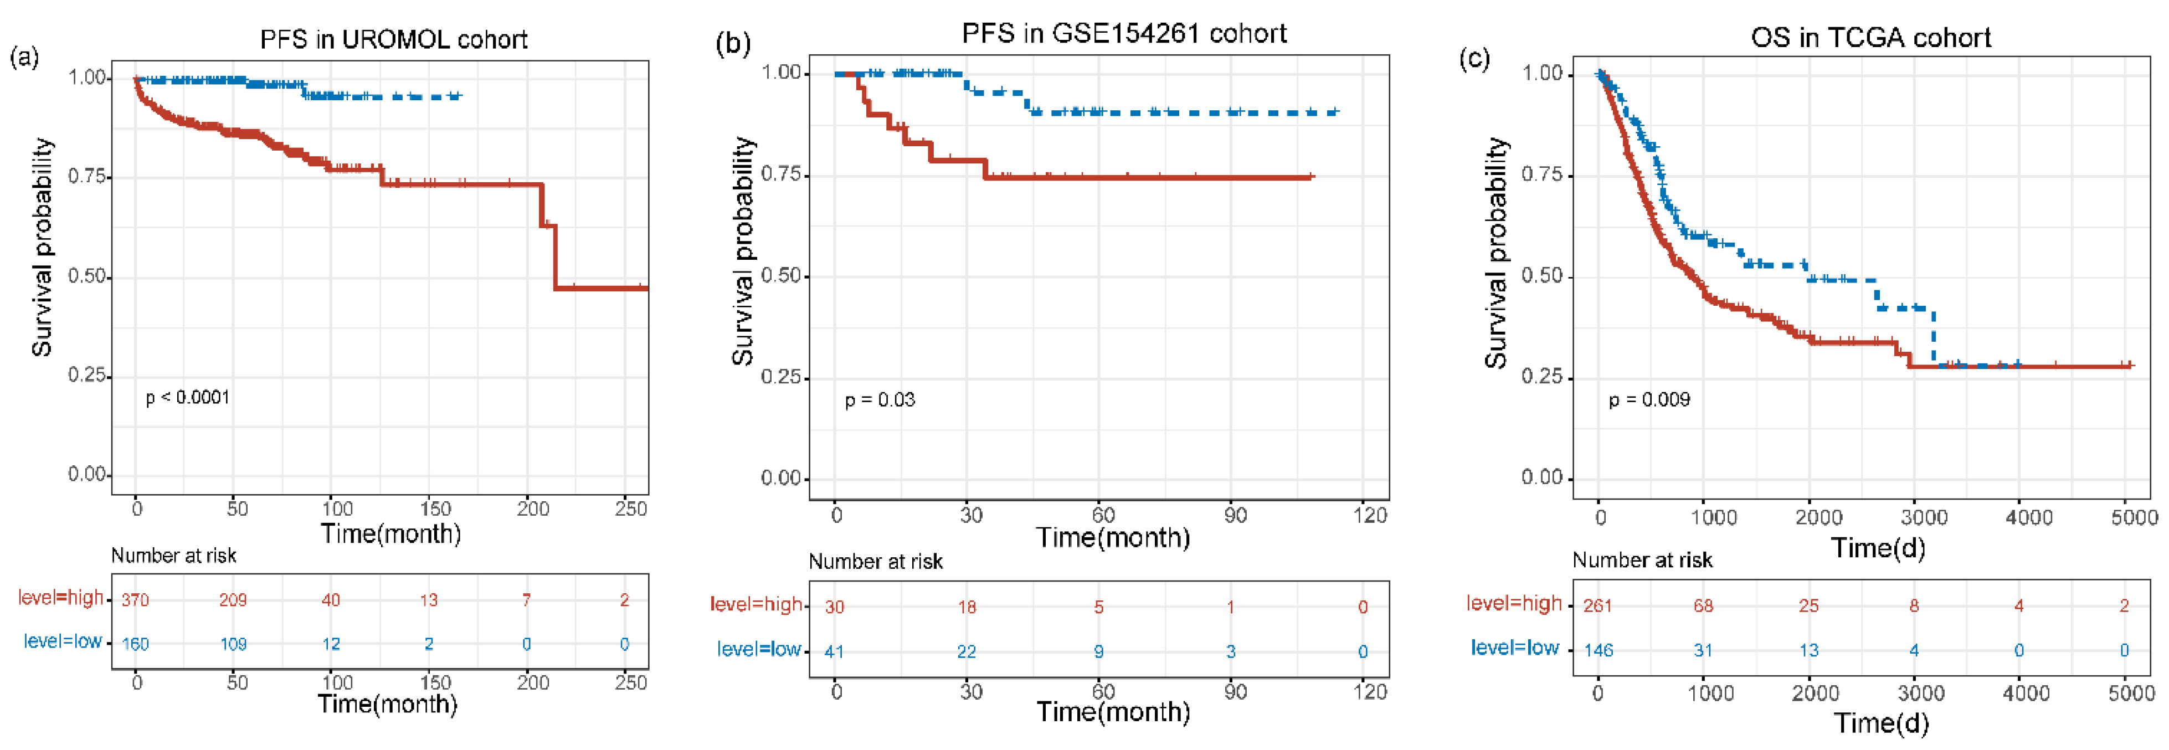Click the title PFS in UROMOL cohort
click(x=393, y=39)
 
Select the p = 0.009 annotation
click(x=1649, y=400)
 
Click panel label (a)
click(x=24, y=57)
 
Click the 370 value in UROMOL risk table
click(x=135, y=600)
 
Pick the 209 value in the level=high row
click(x=233, y=600)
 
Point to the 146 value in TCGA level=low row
click(x=1598, y=650)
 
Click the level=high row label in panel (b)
click(x=755, y=604)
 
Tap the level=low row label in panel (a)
click(x=62, y=641)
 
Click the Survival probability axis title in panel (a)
click(x=42, y=248)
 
